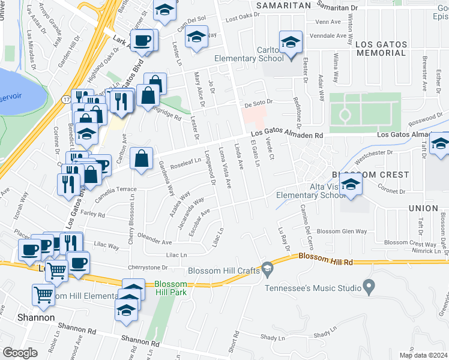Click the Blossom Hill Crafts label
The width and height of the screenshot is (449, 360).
tap(223, 271)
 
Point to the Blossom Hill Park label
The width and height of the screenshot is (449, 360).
tap(170, 288)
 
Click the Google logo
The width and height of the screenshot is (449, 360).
tap(20, 353)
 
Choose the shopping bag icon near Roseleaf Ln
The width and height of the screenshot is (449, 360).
tap(141, 160)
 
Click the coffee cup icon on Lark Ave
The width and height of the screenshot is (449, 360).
tap(142, 41)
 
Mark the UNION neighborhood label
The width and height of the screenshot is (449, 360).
tap(423, 208)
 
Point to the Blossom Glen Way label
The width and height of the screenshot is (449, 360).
tap(342, 232)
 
